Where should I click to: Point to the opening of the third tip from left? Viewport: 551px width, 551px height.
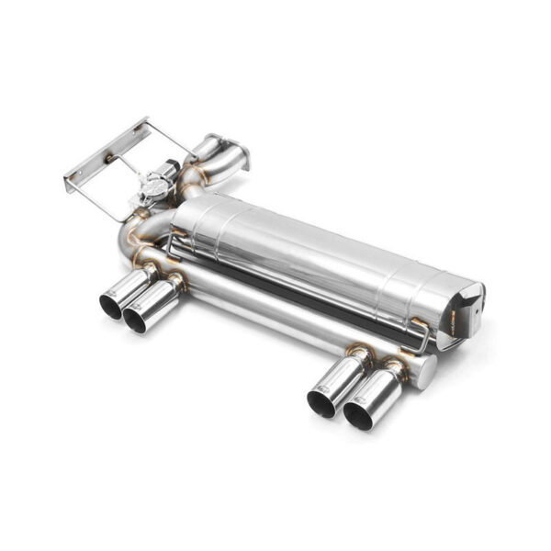(321, 401)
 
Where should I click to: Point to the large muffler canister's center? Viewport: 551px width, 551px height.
(321, 257)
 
